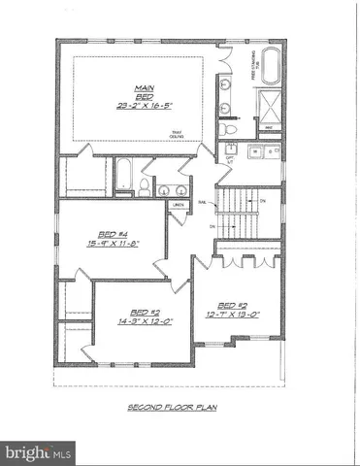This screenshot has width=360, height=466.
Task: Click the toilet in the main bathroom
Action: click(x=225, y=128)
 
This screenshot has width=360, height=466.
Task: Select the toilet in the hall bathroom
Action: click(x=144, y=187)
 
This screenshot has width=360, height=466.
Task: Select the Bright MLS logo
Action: click(x=39, y=452)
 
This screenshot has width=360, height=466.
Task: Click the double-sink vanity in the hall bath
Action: click(x=172, y=187)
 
